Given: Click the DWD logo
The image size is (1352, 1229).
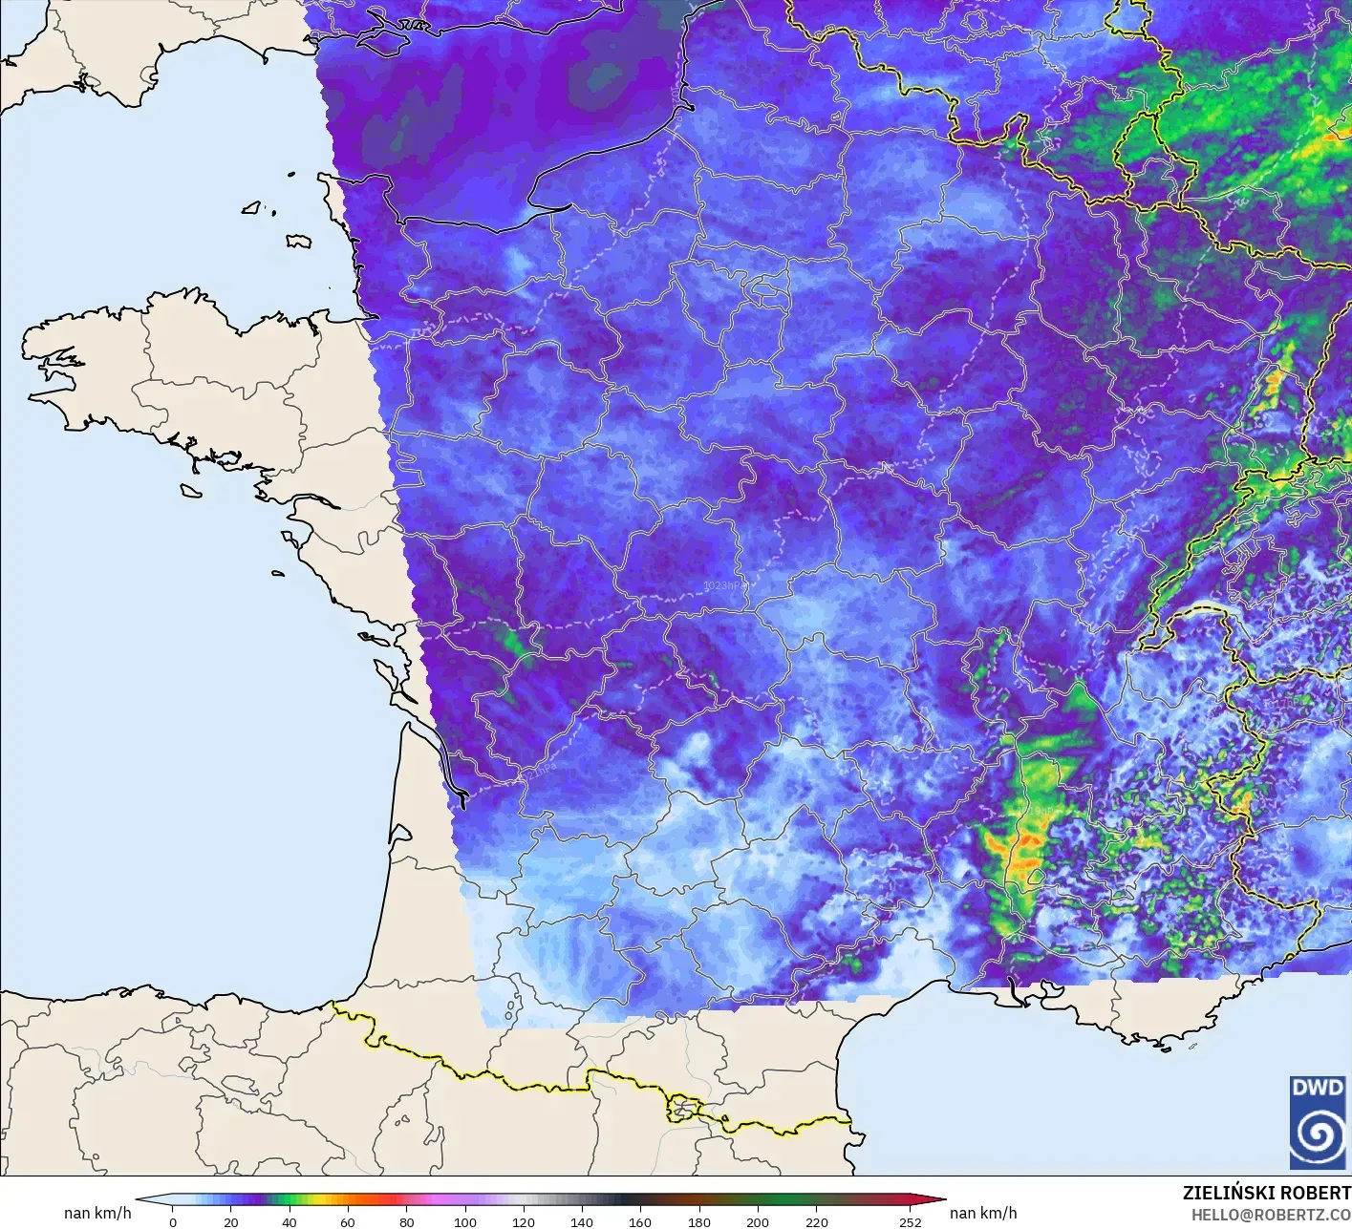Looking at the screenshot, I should (x=1318, y=1122).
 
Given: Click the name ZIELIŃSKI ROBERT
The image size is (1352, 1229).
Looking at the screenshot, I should (x=1266, y=1193).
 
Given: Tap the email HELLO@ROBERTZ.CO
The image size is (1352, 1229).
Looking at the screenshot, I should (x=1271, y=1214).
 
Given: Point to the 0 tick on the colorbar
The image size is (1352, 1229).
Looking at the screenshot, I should (x=172, y=1221).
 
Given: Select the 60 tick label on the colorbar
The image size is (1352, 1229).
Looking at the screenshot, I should (x=348, y=1221).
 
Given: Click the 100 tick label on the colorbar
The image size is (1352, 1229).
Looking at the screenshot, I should (x=465, y=1221).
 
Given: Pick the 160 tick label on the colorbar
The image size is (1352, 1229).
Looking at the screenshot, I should (x=640, y=1221).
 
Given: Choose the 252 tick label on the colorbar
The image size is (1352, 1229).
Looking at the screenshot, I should (x=910, y=1221).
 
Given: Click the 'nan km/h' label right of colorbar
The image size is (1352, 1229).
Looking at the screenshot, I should (x=983, y=1213).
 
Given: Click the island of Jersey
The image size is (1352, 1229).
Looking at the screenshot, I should (x=299, y=242).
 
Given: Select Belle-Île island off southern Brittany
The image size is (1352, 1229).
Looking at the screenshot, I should (x=190, y=489).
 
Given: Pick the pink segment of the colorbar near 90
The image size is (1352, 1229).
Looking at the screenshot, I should (x=436, y=1200).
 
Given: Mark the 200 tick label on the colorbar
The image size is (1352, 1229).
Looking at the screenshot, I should (x=758, y=1221).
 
